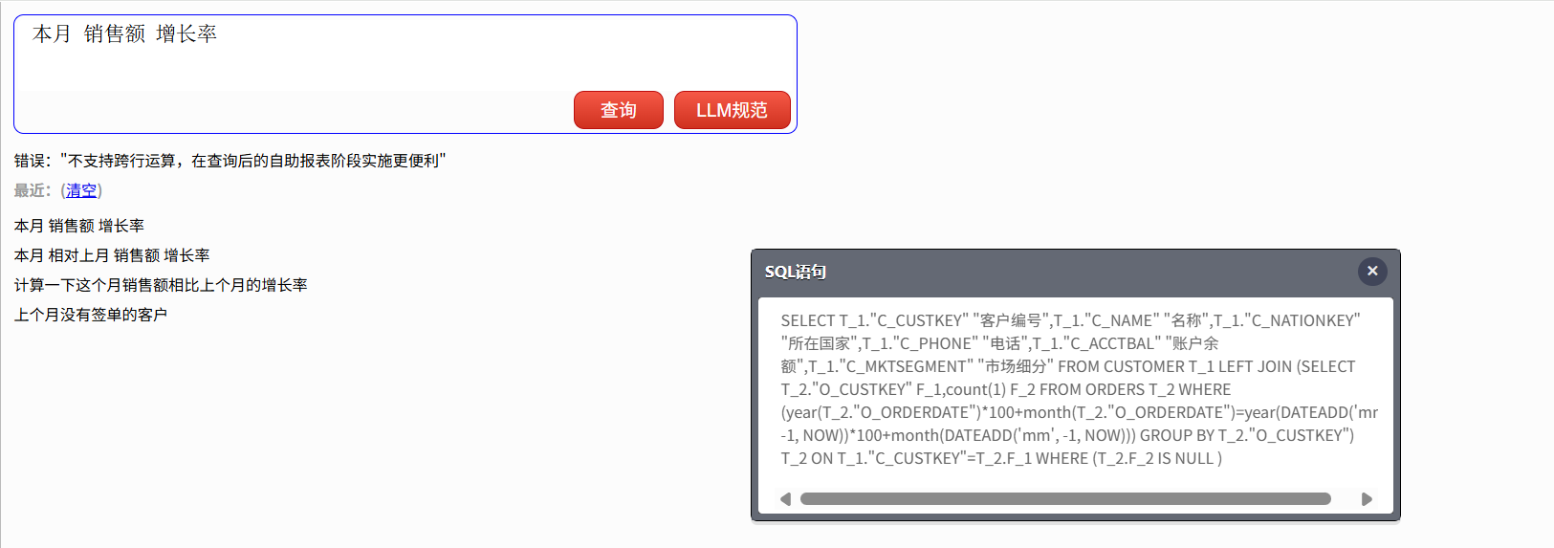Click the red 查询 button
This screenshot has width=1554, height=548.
click(x=618, y=110)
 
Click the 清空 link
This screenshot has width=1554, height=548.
click(x=81, y=190)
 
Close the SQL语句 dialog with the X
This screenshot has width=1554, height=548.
click(x=1372, y=272)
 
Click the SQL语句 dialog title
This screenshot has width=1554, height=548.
click(x=795, y=272)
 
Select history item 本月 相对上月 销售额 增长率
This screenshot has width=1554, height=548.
click(x=112, y=255)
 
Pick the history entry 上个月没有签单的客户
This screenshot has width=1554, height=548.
click(x=91, y=315)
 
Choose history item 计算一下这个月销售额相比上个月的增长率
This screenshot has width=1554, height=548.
click(x=161, y=285)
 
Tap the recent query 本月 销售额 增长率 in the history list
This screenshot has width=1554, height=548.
click(x=79, y=226)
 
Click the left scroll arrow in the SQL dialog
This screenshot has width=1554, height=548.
click(x=785, y=499)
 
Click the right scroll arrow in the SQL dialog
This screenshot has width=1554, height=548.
click(x=1367, y=499)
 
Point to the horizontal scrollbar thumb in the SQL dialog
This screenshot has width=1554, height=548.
click(x=1065, y=499)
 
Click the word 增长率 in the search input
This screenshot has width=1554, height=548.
click(x=186, y=33)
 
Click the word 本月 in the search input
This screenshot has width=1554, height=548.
click(x=52, y=33)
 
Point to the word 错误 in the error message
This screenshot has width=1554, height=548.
click(x=29, y=161)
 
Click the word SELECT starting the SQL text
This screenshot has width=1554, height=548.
click(x=807, y=320)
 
